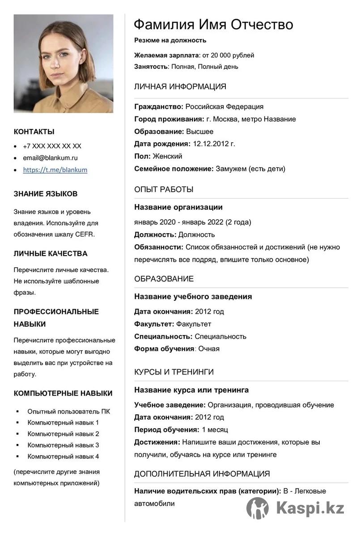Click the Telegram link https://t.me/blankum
pos(55,170)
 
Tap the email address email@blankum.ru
pos(50,158)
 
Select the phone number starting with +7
pos(52,146)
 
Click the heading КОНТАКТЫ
pos(34,132)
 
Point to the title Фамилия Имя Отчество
pos(213,24)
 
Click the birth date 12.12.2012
pos(213,144)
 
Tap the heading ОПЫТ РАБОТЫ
pos(164,189)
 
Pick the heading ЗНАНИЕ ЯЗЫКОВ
pos(46,194)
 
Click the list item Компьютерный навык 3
pos(63,445)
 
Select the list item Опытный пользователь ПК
pos(68,411)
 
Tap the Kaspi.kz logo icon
pos(258,508)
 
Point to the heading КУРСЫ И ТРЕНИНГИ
pos(174,372)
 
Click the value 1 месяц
pos(215,430)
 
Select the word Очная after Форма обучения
pos(209,349)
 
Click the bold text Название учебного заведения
pos(193,296)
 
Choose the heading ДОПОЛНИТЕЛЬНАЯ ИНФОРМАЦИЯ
pos(202,473)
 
